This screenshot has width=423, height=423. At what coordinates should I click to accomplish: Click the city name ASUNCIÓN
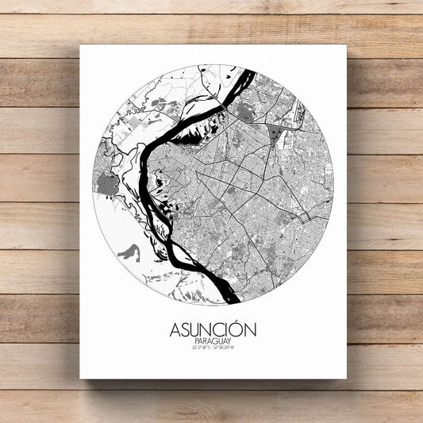point(212,329)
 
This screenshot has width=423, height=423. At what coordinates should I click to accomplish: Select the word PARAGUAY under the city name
point(212,340)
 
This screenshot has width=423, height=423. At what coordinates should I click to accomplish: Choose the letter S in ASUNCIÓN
point(185,329)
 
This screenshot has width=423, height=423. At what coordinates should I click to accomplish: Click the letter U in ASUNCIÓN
point(195,329)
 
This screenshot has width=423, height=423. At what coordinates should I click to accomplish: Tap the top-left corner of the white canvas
point(80,45)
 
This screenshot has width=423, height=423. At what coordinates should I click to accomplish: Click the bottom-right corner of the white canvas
point(346,378)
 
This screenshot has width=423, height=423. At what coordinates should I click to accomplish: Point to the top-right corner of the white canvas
point(346,45)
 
